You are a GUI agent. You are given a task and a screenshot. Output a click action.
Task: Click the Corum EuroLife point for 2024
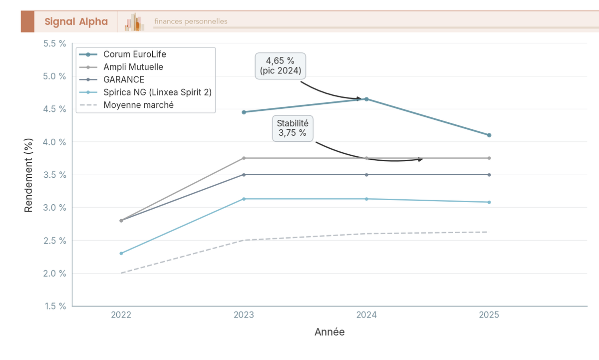366,99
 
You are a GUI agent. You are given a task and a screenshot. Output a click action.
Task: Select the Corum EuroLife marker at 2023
244,112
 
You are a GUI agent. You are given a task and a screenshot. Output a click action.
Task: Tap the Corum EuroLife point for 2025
489,135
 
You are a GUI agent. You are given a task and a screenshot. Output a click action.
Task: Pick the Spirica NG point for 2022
121,253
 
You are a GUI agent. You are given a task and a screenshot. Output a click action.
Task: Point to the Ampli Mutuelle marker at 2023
244,158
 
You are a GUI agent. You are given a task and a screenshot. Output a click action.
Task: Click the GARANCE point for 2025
489,175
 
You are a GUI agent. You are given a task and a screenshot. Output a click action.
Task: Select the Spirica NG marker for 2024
366,199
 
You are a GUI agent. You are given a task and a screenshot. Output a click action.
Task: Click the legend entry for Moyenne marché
138,105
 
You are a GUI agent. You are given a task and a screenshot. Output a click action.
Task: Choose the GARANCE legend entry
124,79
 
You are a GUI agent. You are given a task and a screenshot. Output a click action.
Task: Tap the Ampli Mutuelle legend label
133,66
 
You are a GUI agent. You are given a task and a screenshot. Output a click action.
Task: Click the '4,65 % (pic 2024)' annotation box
281,66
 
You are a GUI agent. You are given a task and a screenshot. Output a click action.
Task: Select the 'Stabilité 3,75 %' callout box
293,128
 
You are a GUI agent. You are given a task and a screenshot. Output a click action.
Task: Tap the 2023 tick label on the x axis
244,315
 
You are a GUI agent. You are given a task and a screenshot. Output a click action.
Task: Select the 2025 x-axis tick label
489,315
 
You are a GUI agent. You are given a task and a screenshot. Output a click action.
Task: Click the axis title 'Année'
329,332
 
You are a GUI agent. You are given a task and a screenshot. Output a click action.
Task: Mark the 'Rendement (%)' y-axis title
28,175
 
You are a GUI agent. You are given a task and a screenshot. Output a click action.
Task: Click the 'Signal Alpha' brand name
76,21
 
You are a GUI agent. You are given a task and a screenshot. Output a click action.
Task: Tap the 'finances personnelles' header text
191,21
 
